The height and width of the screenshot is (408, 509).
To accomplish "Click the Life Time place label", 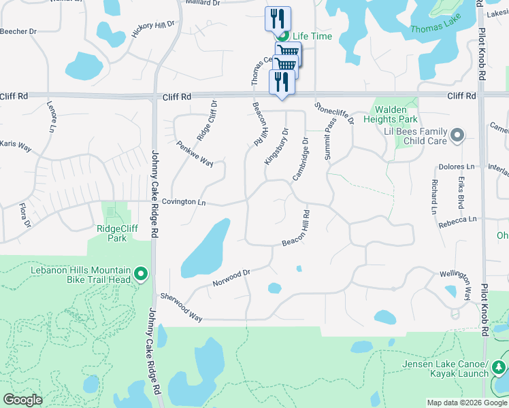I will point(312,35).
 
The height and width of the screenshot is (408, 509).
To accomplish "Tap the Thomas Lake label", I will point(436,29).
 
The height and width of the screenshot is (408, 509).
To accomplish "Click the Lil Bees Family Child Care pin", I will point(457,135).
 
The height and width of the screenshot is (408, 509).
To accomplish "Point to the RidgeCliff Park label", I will point(117,233).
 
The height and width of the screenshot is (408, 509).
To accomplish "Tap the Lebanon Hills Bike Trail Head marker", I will point(141,275).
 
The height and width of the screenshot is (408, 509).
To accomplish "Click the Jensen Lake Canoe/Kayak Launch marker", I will point(500,368).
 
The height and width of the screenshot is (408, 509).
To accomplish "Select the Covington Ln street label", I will point(183,202).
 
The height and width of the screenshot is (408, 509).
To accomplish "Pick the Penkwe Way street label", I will point(195,154).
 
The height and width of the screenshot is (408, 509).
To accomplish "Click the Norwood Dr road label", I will point(231,277).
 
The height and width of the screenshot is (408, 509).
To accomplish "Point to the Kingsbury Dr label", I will point(276,146).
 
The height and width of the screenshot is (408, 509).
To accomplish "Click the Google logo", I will point(22,400).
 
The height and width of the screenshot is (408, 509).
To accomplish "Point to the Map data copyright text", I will point(467,403).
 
